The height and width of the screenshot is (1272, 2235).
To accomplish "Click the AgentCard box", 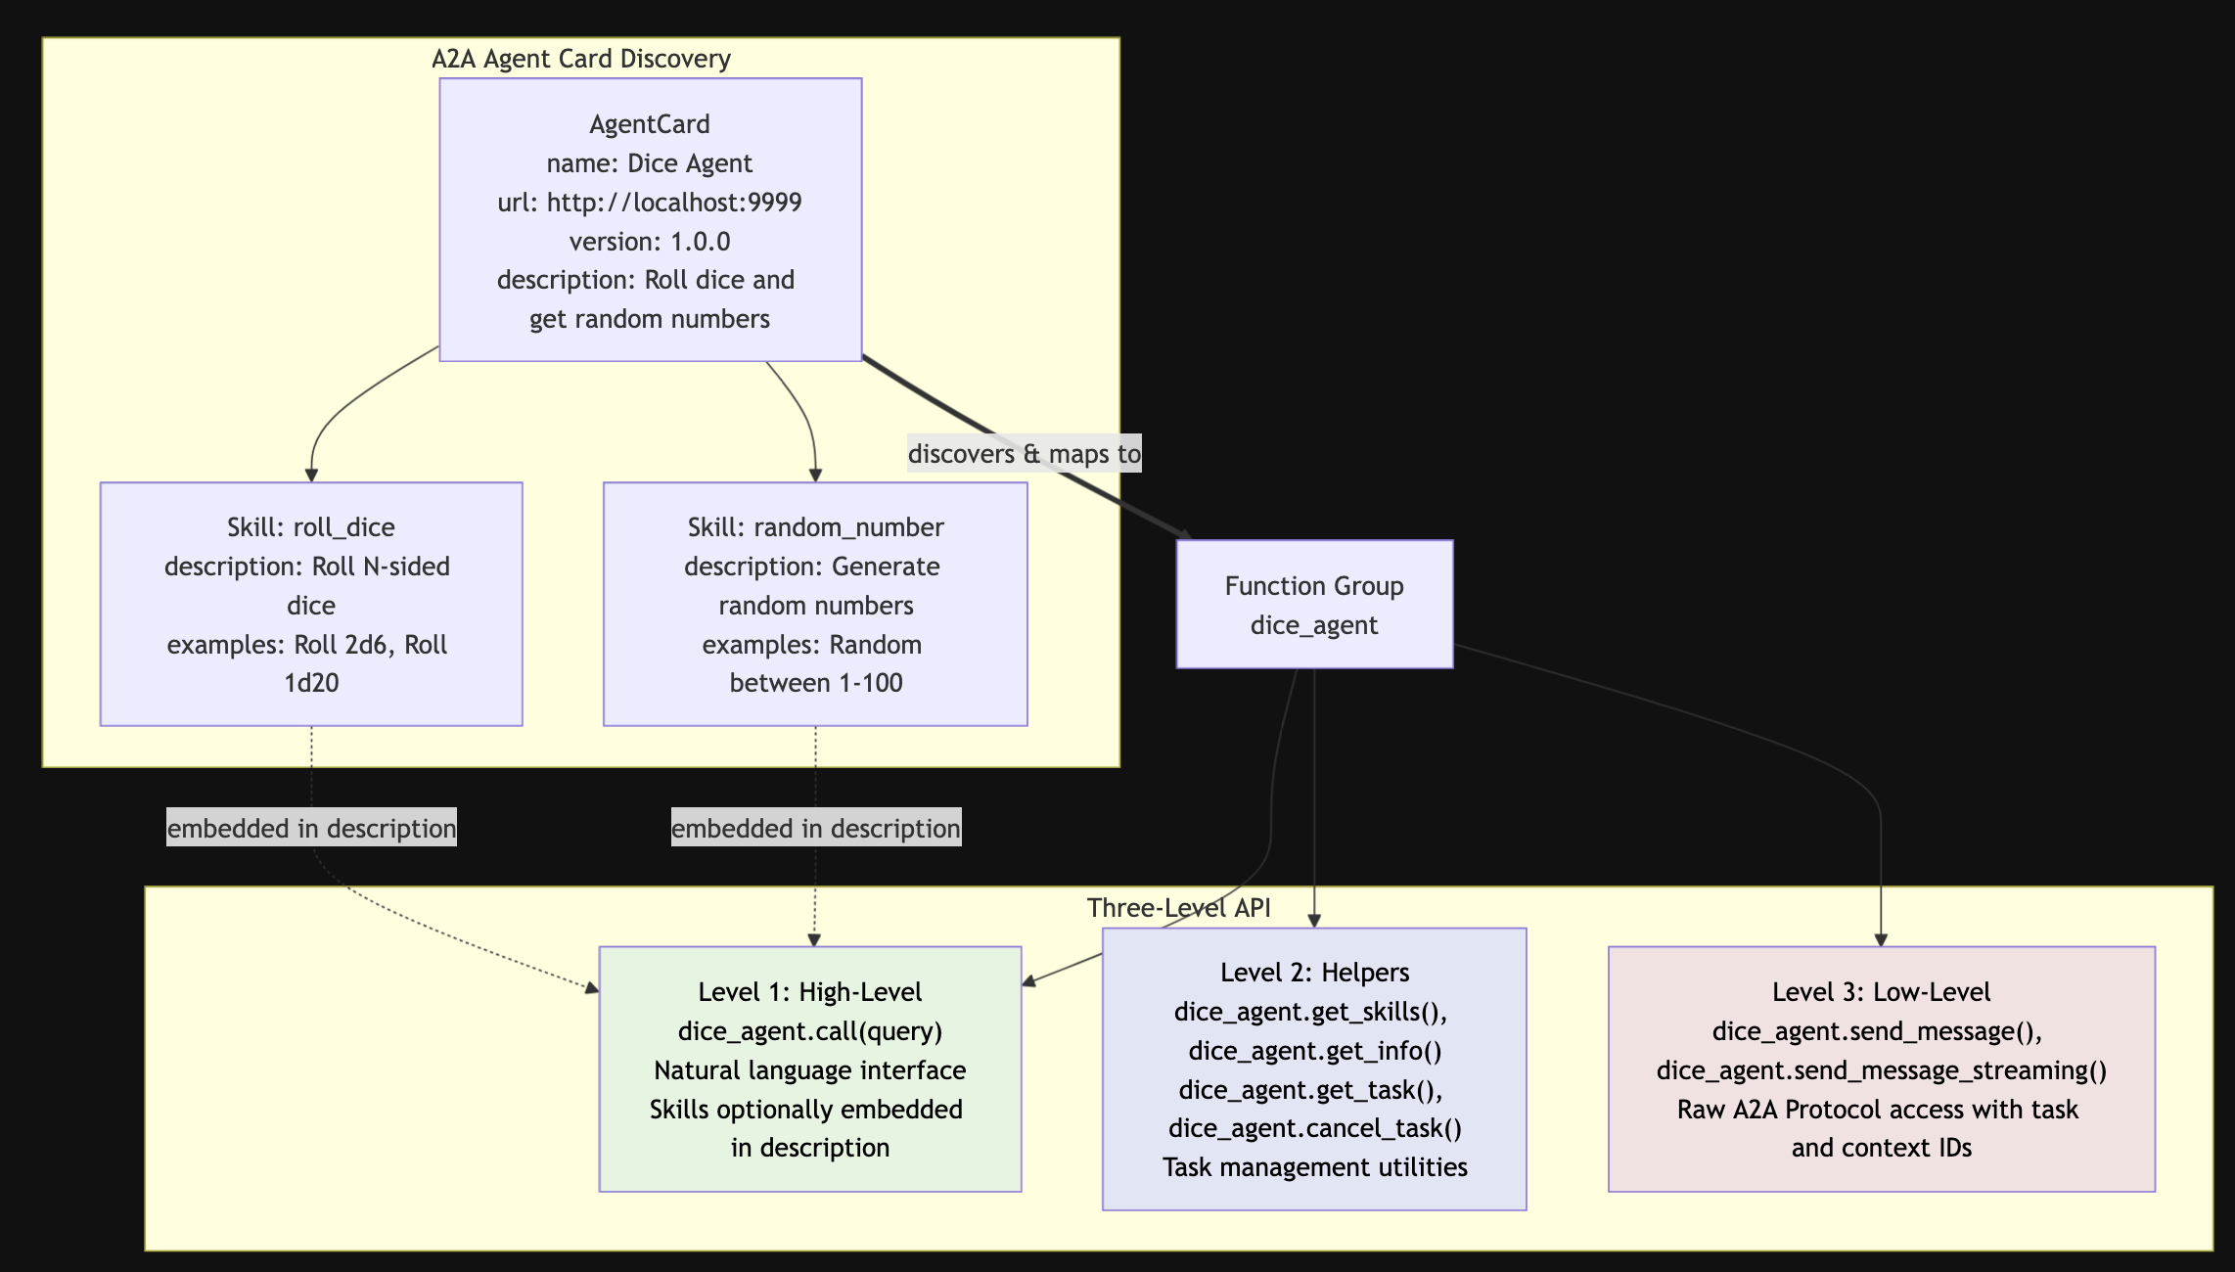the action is coord(651,220).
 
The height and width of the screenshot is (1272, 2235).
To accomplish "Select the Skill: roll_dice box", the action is coord(311,604).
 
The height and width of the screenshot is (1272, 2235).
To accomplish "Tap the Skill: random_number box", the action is coord(815,604).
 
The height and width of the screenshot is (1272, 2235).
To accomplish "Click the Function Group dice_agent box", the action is coord(1314,605).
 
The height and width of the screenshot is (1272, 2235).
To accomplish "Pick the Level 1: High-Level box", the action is coord(810,1068).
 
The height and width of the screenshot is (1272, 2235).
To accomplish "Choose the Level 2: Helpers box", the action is coord(1314,1068).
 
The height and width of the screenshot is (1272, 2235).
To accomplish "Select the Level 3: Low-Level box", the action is coord(1882,1068).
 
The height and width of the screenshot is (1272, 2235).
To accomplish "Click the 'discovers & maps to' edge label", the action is coord(1025,454).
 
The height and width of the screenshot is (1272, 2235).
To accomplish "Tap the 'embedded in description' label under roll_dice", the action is coord(311,828).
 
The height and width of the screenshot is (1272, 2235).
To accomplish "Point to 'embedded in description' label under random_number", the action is coord(816,828).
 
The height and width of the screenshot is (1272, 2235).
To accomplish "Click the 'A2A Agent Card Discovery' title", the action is coord(581,59).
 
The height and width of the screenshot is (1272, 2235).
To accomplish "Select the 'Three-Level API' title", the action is coord(1179,908).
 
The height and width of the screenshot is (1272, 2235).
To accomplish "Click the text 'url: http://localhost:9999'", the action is coord(650,203).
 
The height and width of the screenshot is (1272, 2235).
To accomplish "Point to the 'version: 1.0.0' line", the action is coord(650,242).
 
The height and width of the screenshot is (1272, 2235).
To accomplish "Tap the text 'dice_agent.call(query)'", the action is coord(810,1031).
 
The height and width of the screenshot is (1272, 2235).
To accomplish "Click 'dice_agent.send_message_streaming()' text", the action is coord(1882,1070).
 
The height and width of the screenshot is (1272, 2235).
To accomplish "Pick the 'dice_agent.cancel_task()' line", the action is coord(1315,1128).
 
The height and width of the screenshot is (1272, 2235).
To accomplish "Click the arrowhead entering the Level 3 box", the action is coord(1881,939).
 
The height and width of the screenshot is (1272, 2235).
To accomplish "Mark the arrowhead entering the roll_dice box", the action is coord(311,475).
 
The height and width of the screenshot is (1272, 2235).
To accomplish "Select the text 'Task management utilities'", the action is coord(1315,1167).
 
